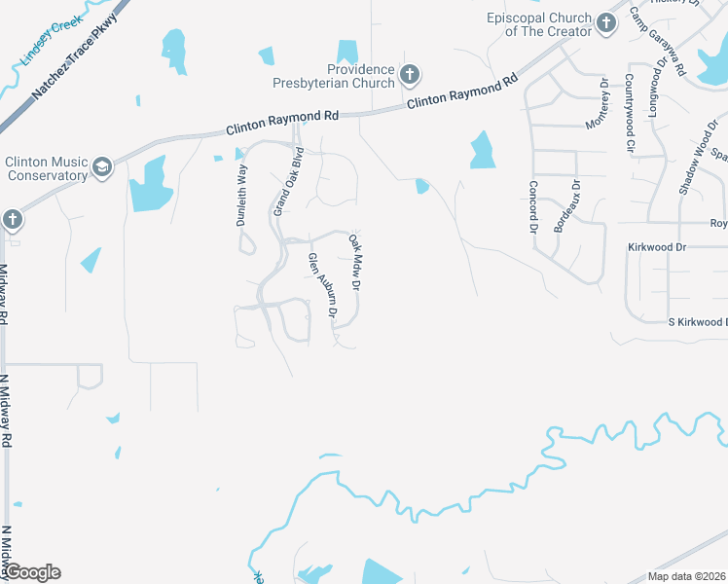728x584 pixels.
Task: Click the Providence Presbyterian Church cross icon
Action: pyautogui.click(x=410, y=74)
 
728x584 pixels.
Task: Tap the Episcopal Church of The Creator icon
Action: pyautogui.click(x=606, y=23)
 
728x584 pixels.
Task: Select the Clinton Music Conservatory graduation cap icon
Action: pyautogui.click(x=102, y=168)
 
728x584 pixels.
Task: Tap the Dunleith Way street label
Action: pyautogui.click(x=242, y=195)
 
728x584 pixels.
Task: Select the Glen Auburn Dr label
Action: pyautogui.click(x=321, y=286)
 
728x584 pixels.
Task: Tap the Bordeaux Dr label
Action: pyautogui.click(x=566, y=204)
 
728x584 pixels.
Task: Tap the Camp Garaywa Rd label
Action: pyautogui.click(x=658, y=43)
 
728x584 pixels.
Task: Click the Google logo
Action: pyautogui.click(x=31, y=572)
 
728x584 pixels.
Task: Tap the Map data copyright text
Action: pyautogui.click(x=686, y=576)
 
